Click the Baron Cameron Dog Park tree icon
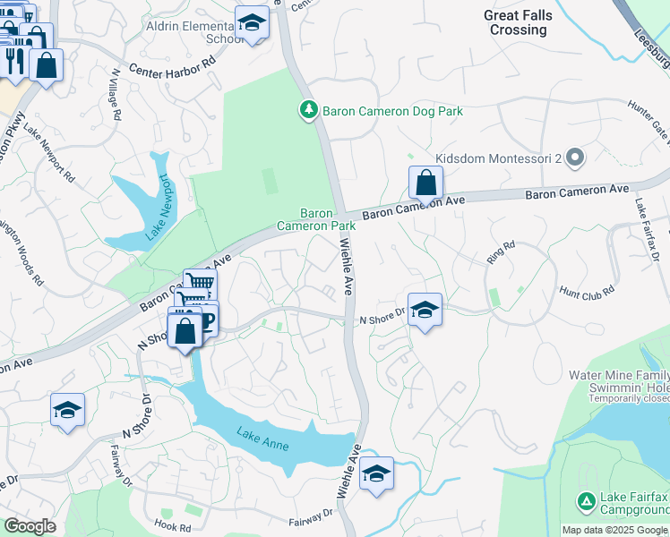point(308,110)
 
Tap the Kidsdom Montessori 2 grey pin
point(576,158)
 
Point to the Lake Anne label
point(263,439)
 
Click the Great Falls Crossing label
point(518,22)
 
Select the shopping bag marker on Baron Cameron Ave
point(426,183)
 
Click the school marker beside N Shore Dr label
point(425,311)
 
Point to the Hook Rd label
point(173,527)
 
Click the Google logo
point(30,526)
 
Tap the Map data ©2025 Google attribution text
point(613,530)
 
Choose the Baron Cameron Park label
point(316,220)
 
